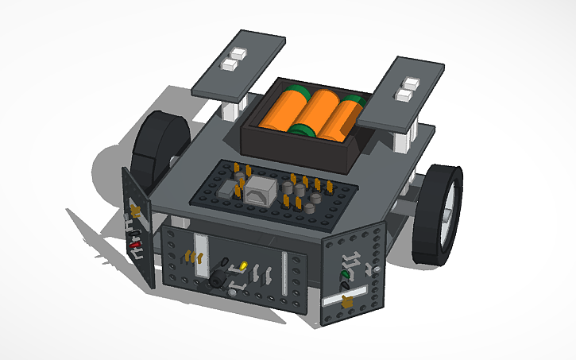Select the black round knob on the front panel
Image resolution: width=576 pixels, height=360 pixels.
(217, 278)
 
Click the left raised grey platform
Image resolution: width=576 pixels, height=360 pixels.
(239, 63)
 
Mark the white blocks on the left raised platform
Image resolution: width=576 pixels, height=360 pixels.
(234, 62)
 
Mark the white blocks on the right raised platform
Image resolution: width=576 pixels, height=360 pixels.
(408, 89)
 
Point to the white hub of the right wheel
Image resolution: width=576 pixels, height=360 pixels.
(450, 203)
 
